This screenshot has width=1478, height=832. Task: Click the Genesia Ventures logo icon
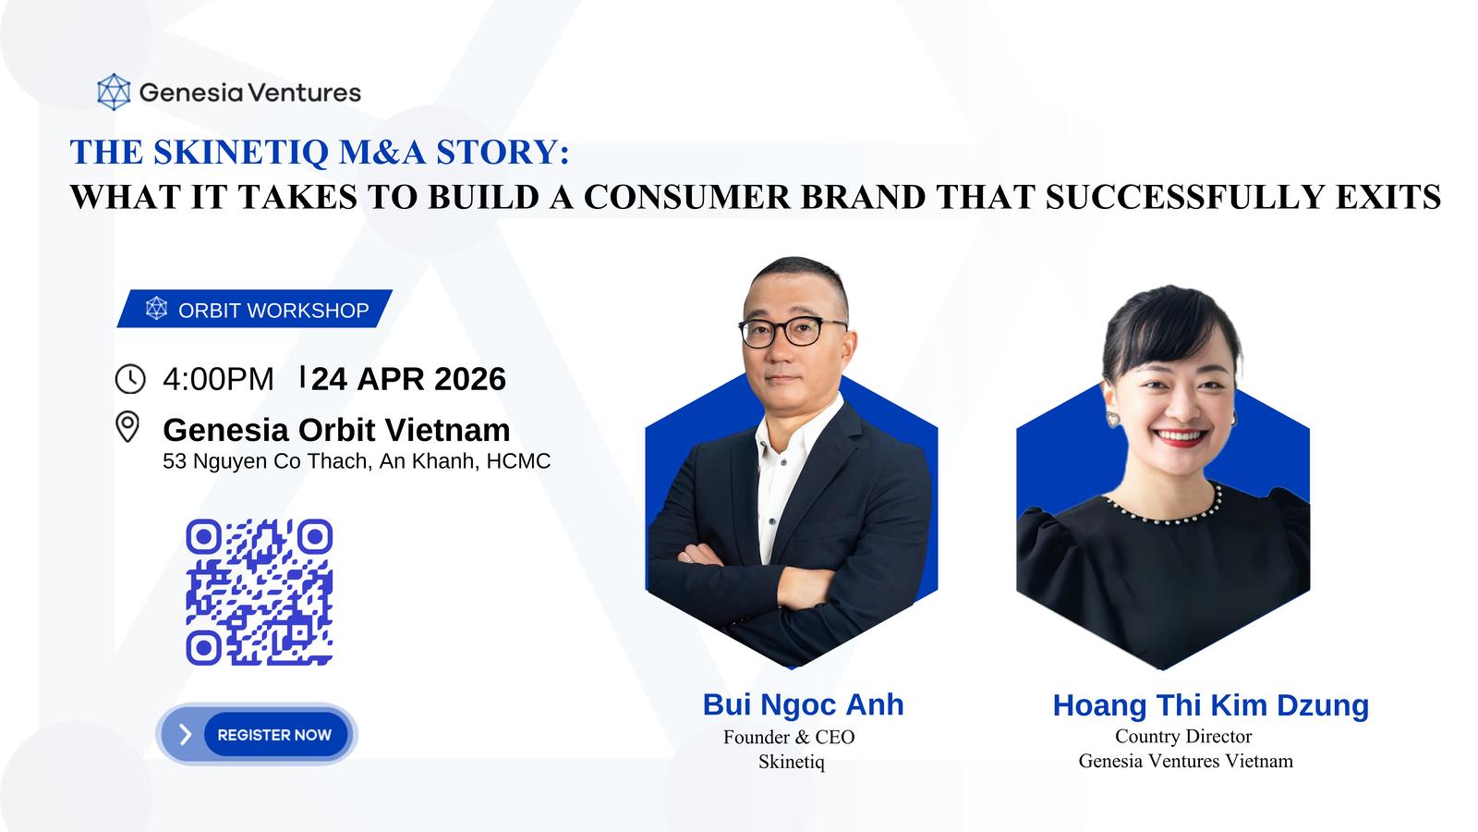coord(114,92)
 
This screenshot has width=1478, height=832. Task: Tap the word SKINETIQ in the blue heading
coord(240,152)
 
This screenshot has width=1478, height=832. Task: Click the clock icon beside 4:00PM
coord(130,379)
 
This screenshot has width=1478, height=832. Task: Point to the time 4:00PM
coord(218,379)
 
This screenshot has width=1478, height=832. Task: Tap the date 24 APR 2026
coord(408,379)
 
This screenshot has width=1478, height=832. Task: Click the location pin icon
coord(127,426)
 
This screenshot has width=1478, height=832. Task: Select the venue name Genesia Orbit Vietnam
coord(336,430)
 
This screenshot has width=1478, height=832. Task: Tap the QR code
coord(260,593)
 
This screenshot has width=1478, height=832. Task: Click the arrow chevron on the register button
coord(186,734)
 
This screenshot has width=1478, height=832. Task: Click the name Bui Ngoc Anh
coord(803,704)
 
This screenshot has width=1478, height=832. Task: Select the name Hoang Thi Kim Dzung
coord(1211,706)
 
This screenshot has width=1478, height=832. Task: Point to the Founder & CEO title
coord(789,737)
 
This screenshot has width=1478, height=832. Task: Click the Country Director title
coord(1183,736)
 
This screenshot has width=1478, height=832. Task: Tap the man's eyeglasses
coord(791,331)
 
